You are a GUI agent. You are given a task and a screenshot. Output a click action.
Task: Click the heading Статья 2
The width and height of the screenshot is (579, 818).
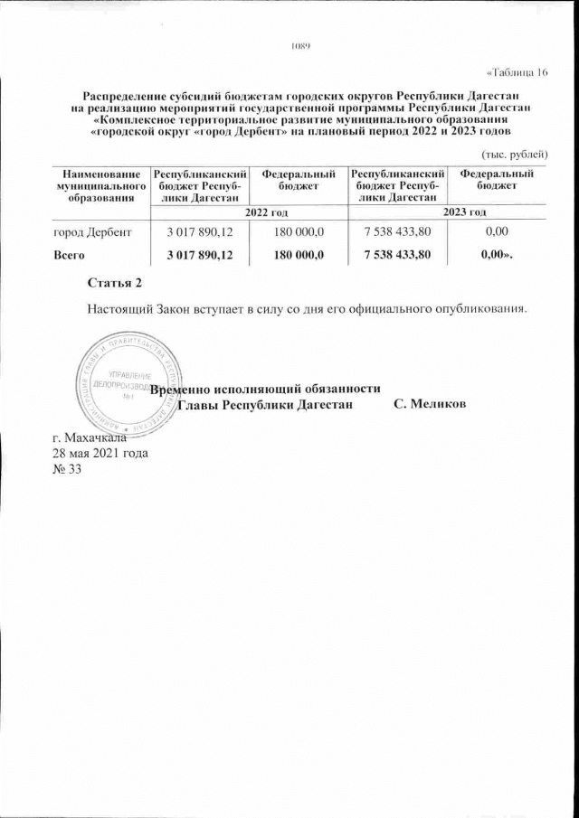click(115, 285)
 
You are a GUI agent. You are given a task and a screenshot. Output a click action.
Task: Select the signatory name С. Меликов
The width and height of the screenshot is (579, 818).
click(431, 404)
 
